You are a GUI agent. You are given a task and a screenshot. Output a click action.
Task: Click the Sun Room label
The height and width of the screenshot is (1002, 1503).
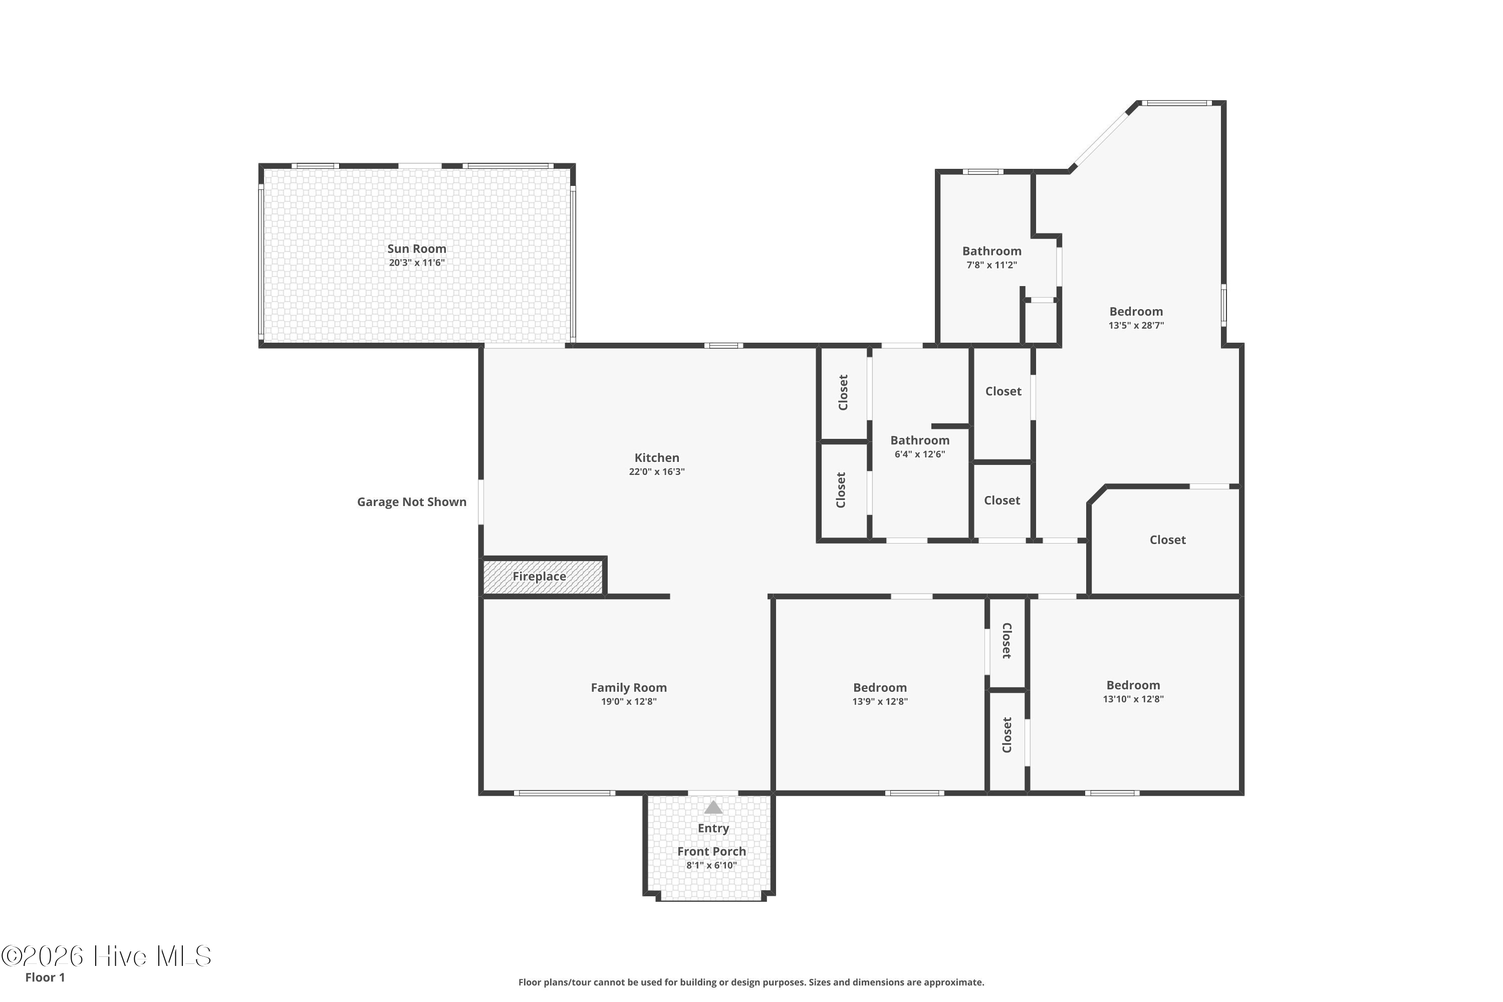(417, 248)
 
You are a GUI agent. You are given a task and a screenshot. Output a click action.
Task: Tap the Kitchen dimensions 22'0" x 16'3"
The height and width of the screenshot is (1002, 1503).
(656, 471)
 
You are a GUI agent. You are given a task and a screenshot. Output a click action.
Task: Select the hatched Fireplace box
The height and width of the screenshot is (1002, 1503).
(543, 577)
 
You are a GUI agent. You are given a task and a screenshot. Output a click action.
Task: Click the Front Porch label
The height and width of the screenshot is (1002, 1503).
(712, 851)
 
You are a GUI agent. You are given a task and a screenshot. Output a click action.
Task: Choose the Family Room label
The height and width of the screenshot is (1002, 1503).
(629, 687)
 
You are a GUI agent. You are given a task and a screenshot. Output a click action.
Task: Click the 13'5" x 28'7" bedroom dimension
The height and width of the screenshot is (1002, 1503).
(1136, 325)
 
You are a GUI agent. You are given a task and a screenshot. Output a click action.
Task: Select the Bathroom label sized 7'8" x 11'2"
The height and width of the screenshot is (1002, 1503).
(992, 251)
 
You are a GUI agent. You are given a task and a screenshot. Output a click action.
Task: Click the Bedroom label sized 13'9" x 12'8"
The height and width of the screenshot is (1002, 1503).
(880, 687)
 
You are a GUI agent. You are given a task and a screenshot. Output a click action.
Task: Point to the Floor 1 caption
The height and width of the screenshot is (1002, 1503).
(45, 977)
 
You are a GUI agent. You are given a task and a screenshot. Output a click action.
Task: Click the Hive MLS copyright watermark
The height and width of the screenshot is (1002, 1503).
(106, 956)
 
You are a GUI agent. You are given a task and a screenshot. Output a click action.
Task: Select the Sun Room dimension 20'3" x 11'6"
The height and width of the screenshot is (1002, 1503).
(417, 263)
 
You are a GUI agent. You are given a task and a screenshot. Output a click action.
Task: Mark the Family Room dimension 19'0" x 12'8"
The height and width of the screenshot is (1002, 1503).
(629, 702)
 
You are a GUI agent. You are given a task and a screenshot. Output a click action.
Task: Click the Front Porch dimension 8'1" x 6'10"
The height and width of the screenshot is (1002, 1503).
(711, 865)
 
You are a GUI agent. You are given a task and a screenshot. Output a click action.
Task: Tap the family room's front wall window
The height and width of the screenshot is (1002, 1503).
(565, 793)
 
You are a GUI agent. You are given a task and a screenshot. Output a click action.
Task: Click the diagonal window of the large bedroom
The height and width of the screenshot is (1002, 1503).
(1100, 139)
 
